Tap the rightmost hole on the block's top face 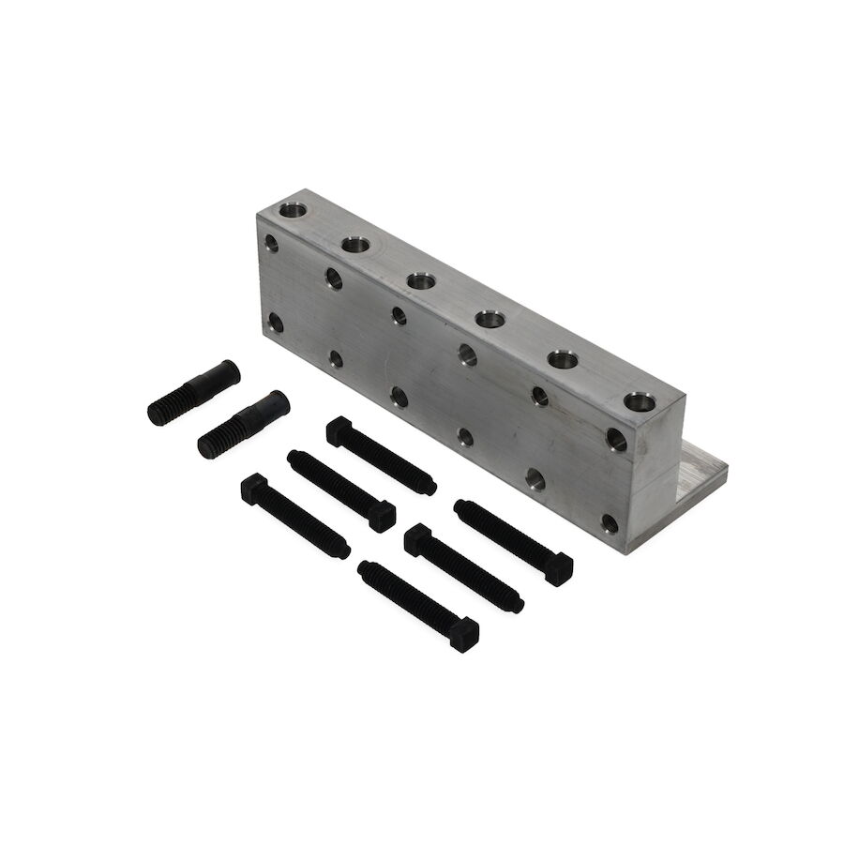tap(640, 404)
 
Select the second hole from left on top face tap(356, 246)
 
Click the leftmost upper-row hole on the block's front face tap(272, 243)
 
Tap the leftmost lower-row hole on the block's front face tap(275, 324)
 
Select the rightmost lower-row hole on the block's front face tap(610, 521)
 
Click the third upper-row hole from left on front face tap(399, 314)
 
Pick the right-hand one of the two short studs tap(243, 423)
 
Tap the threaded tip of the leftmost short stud tap(161, 411)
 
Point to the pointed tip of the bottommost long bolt tap(364, 565)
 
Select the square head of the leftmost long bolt tap(253, 488)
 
